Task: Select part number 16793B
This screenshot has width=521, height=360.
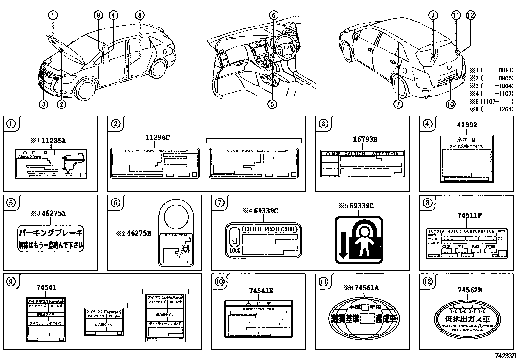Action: tap(365, 139)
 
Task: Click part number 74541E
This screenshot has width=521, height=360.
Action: tap(261, 290)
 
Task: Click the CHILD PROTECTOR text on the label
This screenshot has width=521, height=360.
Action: tap(270, 229)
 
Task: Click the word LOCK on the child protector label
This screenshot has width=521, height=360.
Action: tap(234, 250)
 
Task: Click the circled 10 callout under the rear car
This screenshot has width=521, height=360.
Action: tap(451, 104)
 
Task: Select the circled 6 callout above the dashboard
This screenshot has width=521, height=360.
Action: tap(274, 15)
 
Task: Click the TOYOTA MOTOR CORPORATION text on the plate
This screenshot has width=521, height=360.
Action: tap(461, 231)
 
